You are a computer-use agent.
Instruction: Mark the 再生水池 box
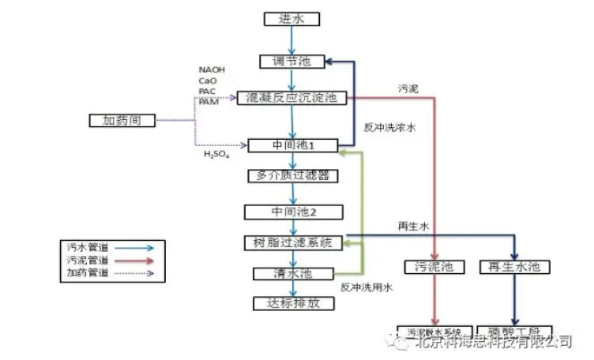click(x=513, y=267)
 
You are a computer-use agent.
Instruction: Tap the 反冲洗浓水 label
click(x=389, y=126)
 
